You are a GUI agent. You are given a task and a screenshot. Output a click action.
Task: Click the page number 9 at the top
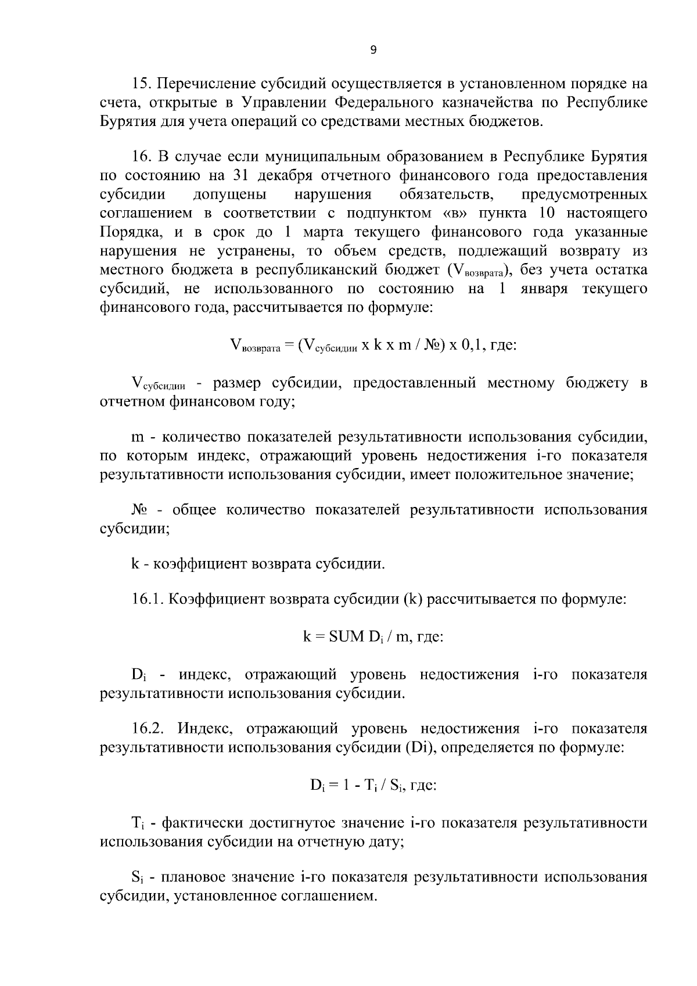(373, 51)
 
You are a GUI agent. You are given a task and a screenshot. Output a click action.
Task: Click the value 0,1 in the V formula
(473, 345)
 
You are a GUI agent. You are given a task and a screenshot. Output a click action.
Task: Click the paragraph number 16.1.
(148, 600)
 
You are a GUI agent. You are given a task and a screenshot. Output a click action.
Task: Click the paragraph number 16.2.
(148, 729)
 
